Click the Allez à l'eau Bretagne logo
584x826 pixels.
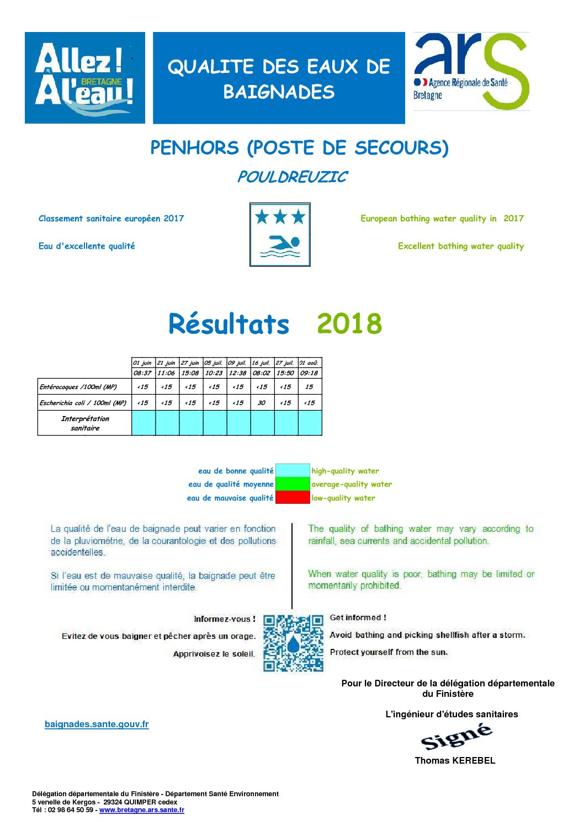coord(85,78)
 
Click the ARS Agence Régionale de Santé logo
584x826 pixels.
coord(471,72)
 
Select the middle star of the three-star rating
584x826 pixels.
coord(280,217)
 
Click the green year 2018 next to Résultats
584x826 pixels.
coord(349,324)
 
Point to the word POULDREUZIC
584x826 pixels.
coord(292,177)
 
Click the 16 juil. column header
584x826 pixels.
coord(262,363)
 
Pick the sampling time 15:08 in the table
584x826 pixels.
coord(190,373)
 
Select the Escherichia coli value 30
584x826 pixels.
coord(262,403)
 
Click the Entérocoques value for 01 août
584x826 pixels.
coord(309,387)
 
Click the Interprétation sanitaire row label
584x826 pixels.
coord(85,423)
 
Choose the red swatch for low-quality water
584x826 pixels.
coord(293,498)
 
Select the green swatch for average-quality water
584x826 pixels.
coord(293,484)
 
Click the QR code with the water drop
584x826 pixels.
coord(293,643)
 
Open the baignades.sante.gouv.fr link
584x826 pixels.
coord(97,724)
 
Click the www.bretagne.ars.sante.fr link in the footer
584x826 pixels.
coord(142,810)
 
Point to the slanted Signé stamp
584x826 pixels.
coord(456,737)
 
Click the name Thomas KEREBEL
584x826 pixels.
coord(455,760)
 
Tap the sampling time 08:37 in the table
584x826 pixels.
coord(143,373)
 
